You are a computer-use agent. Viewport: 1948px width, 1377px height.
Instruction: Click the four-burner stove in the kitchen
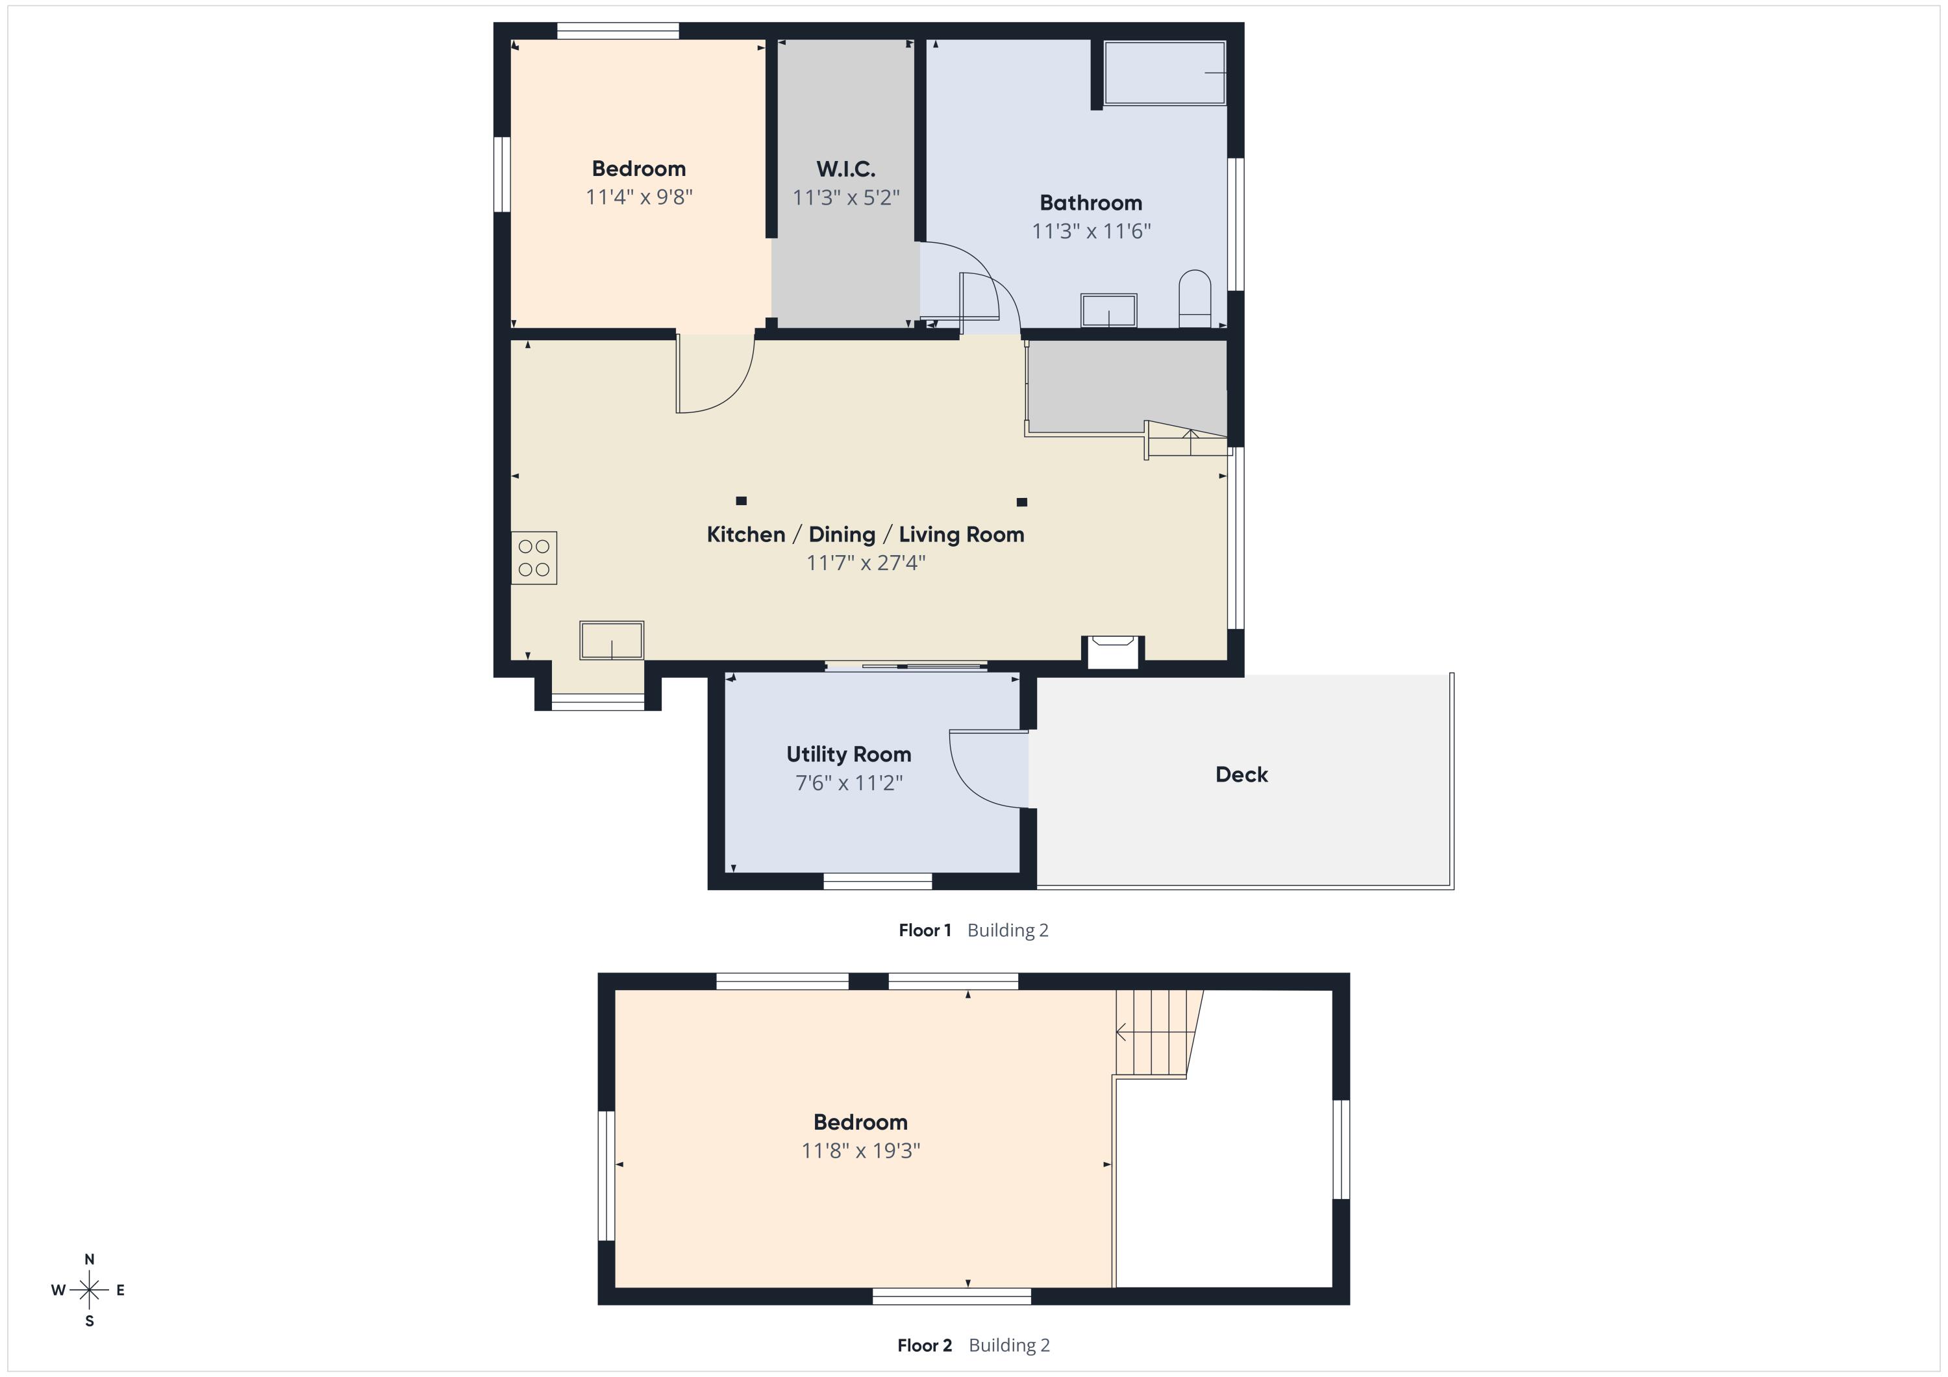tap(534, 558)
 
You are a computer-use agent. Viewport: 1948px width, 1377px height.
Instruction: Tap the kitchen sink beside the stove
tap(612, 641)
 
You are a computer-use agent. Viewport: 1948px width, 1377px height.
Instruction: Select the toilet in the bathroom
tap(1195, 299)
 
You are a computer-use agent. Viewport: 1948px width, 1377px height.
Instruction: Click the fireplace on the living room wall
tap(1112, 652)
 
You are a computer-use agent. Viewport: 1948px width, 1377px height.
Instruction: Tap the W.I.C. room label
tap(846, 169)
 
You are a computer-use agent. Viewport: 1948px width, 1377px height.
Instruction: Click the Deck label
tap(1242, 775)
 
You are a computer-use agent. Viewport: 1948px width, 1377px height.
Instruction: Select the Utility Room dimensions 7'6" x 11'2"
tap(849, 782)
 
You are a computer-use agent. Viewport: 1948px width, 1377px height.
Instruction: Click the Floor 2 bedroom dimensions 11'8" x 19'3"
tap(860, 1150)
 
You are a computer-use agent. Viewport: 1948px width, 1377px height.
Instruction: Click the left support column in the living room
tap(741, 501)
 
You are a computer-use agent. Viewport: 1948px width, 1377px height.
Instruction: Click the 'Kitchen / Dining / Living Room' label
tap(866, 534)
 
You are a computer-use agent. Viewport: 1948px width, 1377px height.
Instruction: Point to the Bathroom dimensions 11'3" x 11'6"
tap(1091, 230)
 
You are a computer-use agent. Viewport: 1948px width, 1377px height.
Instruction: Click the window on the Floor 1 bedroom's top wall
tap(618, 31)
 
